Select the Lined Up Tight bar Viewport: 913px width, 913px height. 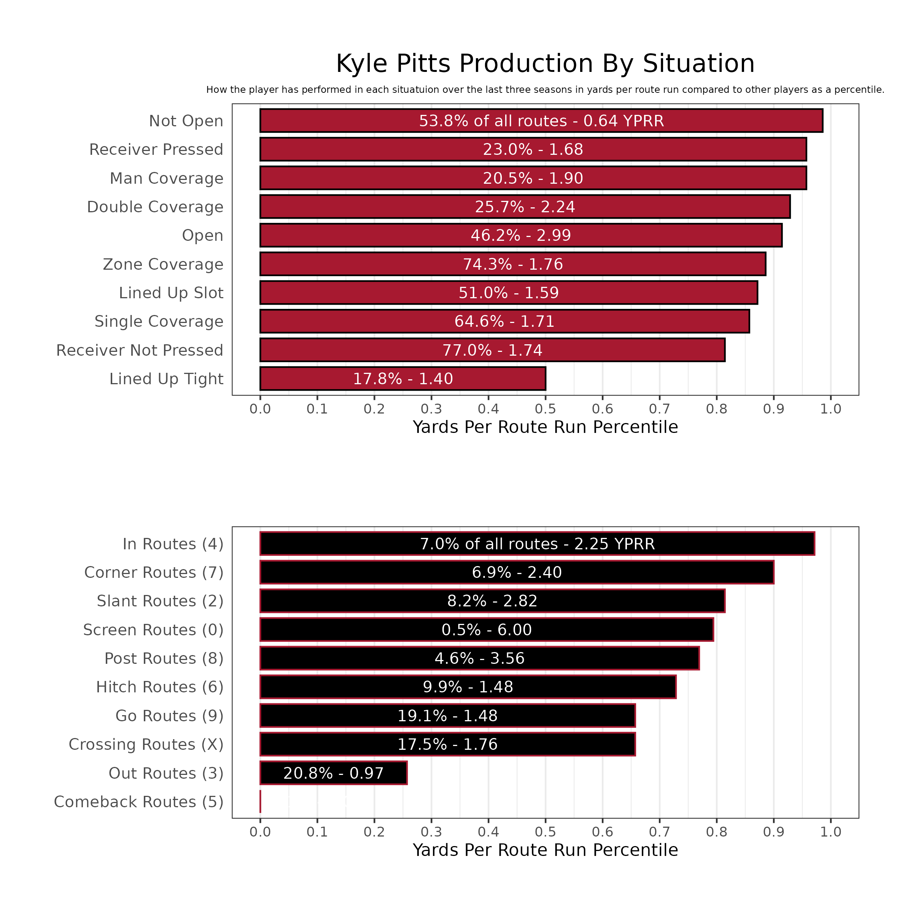pyautogui.click(x=402, y=379)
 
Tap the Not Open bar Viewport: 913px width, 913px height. pyautogui.click(x=541, y=121)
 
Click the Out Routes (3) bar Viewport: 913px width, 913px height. pyautogui.click(x=333, y=773)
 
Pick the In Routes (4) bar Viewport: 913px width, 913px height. pyautogui.click(x=537, y=544)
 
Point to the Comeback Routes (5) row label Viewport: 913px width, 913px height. pyautogui.click(x=138, y=802)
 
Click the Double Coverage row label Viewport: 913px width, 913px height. pyautogui.click(x=155, y=207)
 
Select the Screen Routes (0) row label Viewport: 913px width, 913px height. pyautogui.click(x=153, y=630)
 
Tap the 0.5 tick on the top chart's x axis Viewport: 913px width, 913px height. pyautogui.click(x=546, y=409)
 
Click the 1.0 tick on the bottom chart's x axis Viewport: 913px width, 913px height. pyautogui.click(x=830, y=832)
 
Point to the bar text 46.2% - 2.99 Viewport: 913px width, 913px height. pyautogui.click(x=521, y=235)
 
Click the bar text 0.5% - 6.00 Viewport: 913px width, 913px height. pyautogui.click(x=486, y=630)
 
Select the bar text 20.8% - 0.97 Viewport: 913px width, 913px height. pyautogui.click(x=333, y=773)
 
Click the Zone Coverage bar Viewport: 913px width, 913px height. pyautogui.click(x=512, y=264)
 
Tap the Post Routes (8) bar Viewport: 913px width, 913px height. pyautogui.click(x=479, y=658)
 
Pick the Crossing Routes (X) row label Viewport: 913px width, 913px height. pyautogui.click(x=146, y=744)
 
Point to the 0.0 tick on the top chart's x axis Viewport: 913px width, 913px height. pyautogui.click(x=260, y=409)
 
